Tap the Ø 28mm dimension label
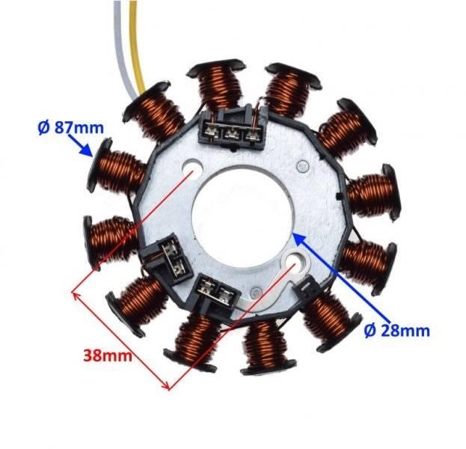click(x=397, y=329)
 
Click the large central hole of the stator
click(x=239, y=210)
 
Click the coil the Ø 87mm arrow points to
click(x=116, y=168)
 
